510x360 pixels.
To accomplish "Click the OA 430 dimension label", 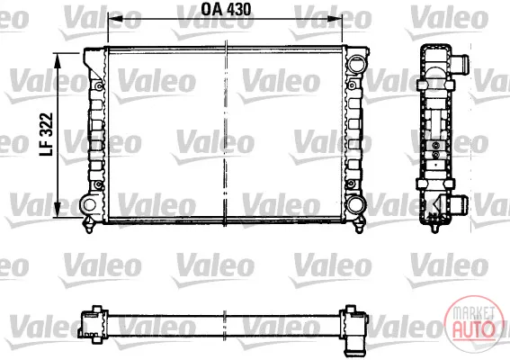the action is (226, 9).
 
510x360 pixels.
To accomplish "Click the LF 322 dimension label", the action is (46, 134).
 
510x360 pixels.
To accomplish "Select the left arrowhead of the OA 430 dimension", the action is (115, 19).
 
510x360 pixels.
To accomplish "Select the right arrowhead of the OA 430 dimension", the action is (335, 19).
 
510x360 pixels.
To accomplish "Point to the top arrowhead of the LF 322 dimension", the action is (58, 60).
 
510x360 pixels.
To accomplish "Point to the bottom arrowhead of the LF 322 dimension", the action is (58, 210).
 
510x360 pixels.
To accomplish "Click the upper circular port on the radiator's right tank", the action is (356, 64).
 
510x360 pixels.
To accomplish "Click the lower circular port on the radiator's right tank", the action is (356, 204).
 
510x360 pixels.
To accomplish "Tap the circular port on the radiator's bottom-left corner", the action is (89, 204).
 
